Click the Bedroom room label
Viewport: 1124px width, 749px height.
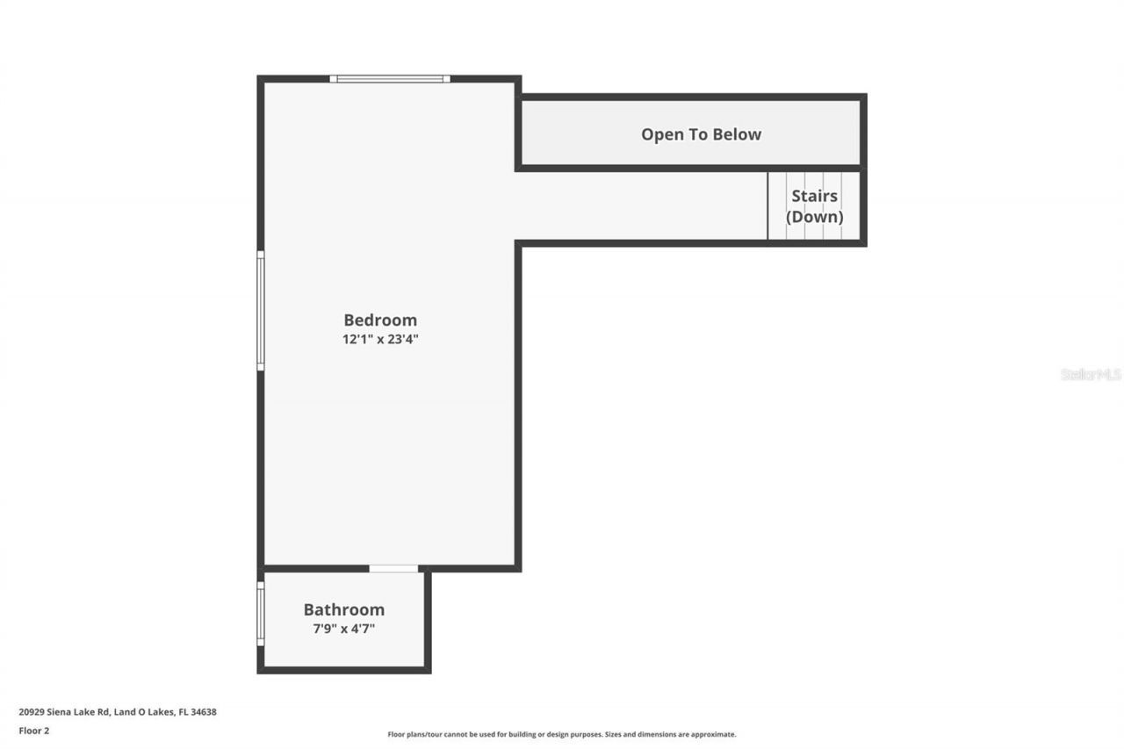pos(380,320)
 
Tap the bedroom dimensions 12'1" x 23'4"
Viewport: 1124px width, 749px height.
pos(380,340)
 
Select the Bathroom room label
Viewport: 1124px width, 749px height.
pos(344,609)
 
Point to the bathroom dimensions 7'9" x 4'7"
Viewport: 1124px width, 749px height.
pos(344,629)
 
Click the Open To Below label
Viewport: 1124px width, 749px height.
pos(701,134)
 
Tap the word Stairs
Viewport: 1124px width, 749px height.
pos(814,196)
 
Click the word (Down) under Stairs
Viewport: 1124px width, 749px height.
pos(814,217)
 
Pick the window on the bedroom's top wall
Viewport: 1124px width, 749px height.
pos(390,79)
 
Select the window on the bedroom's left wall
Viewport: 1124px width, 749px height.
pos(261,311)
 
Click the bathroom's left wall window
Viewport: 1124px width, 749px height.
pos(261,614)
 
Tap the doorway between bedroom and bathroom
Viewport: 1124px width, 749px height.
pos(393,569)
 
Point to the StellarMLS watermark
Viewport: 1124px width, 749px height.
pos(1091,374)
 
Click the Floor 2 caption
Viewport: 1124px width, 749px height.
pos(34,731)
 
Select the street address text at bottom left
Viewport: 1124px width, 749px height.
pos(117,712)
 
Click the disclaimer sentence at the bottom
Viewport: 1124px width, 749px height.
pos(562,734)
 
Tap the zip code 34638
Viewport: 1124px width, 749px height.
pos(203,712)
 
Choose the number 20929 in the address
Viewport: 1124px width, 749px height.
pos(32,712)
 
